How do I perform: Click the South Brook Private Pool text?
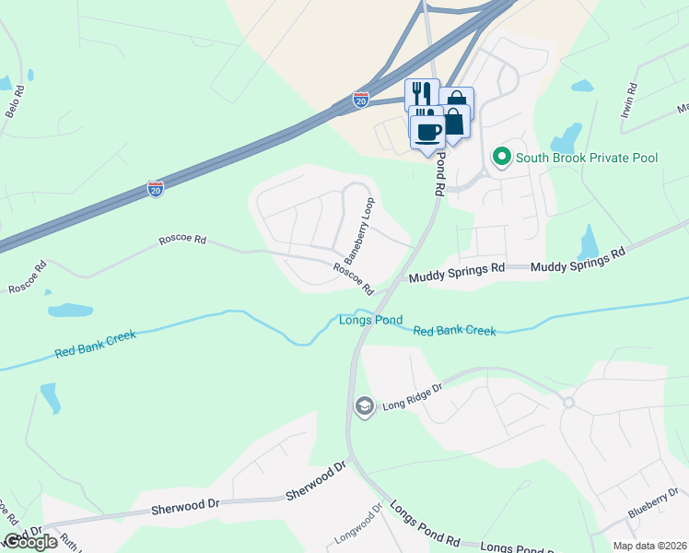(587, 158)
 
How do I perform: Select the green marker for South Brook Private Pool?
(502, 157)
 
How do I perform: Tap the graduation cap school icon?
(365, 406)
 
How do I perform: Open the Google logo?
(30, 542)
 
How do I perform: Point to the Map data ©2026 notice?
(649, 546)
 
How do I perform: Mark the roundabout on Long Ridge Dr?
(568, 402)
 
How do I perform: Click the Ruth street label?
(68, 541)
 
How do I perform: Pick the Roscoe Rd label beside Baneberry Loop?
(353, 275)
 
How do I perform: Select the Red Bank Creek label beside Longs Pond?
(454, 331)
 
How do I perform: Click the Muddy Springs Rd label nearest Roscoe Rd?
(457, 273)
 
